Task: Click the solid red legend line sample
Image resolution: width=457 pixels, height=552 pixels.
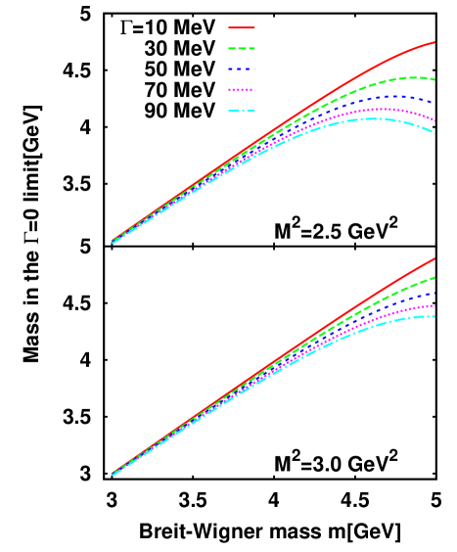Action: pos(242,28)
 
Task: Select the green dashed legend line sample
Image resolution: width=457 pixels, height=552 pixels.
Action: pos(242,48)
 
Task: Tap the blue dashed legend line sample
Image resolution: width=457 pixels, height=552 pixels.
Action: pos(242,69)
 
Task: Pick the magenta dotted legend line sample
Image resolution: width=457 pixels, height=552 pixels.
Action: pos(242,90)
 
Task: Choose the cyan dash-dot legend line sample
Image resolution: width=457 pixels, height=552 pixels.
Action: pos(242,111)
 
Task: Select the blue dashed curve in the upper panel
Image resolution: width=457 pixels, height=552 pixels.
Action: pos(391,97)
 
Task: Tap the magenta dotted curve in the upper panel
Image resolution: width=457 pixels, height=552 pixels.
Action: pos(391,109)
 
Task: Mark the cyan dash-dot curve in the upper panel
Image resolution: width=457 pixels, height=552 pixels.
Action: pos(391,119)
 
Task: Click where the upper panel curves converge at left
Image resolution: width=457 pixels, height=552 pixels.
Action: pos(114,241)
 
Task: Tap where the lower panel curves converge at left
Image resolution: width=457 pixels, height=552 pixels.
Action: pos(114,474)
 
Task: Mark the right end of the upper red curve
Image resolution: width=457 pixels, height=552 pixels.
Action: pos(434,42)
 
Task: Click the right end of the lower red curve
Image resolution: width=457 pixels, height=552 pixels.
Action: pos(434,259)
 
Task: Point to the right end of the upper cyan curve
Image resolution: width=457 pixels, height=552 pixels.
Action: pos(434,132)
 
